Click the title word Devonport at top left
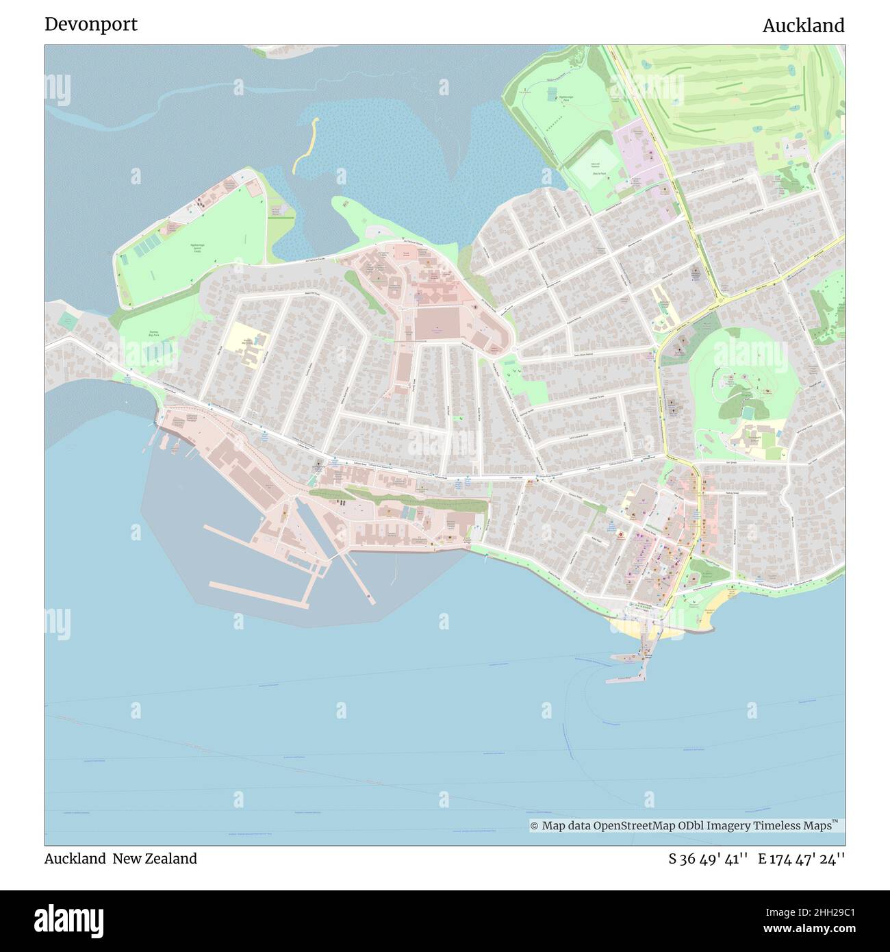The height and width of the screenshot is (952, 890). coord(91,25)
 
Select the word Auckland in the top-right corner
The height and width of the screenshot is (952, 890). coord(803,26)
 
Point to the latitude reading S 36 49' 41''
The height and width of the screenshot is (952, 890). coord(709,859)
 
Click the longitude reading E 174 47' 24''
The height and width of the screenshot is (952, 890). coord(801,859)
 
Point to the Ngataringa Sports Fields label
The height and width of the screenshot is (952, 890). coord(196,248)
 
